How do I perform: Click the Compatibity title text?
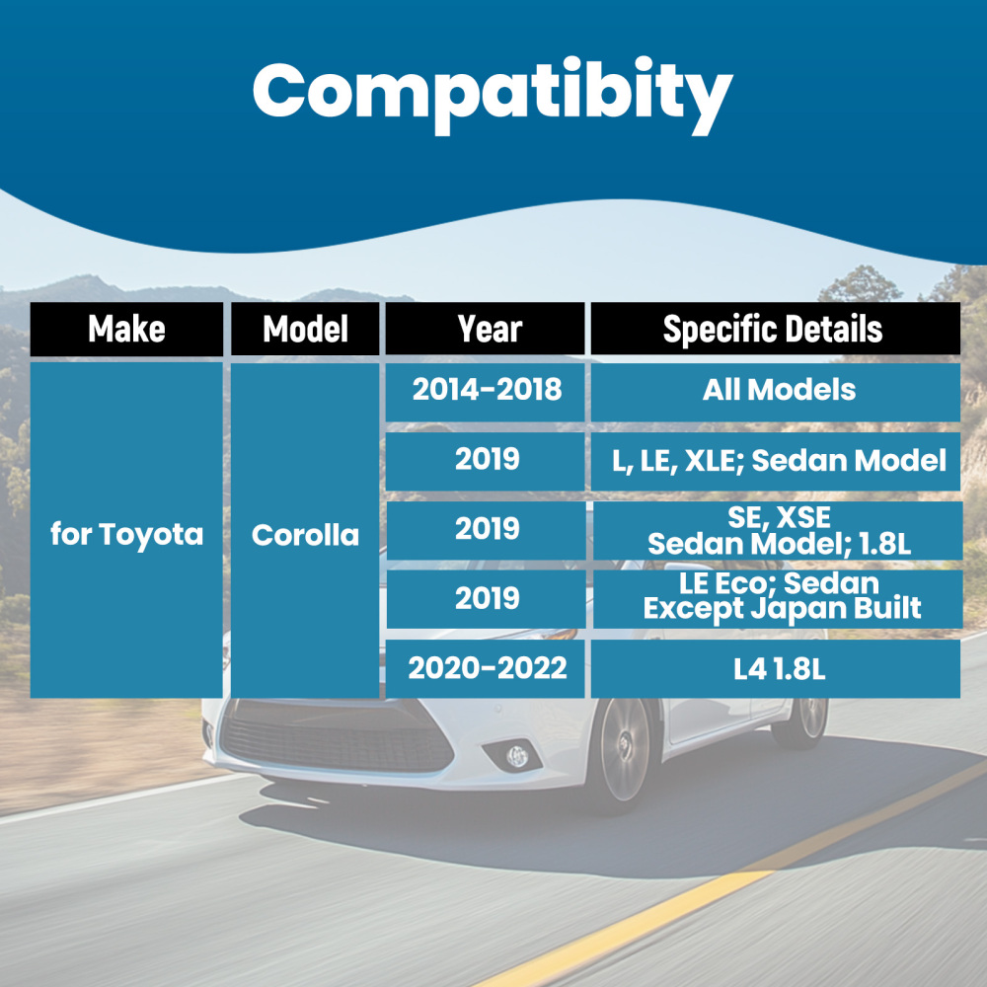[493, 95]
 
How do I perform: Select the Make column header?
[126, 329]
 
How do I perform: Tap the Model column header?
[305, 329]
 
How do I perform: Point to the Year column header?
[485, 329]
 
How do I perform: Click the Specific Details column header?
[776, 329]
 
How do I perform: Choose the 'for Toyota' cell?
[126, 530]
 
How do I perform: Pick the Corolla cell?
[305, 531]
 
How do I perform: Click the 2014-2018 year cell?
[485, 392]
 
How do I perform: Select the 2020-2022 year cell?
[485, 668]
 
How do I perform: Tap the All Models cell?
[776, 392]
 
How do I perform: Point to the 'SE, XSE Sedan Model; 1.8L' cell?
[778, 531]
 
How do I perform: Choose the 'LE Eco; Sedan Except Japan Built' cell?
[778, 599]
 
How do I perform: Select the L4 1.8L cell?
[776, 668]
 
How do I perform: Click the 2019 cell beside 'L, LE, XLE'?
[485, 461]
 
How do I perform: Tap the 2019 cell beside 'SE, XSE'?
[486, 531]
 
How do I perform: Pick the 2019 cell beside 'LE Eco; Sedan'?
[486, 599]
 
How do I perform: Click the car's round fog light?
[517, 756]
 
